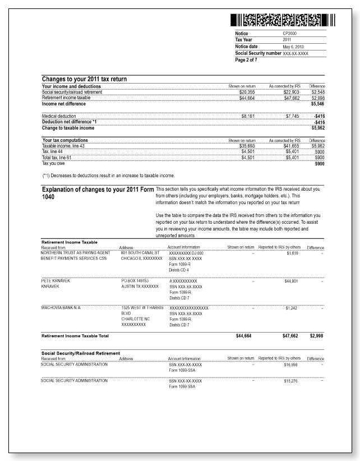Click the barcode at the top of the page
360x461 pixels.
coord(283,21)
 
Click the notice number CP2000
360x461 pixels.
coord(290,34)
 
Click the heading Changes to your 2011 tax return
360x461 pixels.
coord(84,79)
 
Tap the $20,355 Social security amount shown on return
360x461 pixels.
coord(247,92)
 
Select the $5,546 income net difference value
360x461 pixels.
coord(318,104)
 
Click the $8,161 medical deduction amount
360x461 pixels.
coord(248,116)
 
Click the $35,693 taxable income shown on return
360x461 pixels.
coord(247,145)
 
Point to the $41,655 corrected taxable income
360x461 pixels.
coord(292,145)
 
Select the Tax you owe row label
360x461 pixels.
coord(54,163)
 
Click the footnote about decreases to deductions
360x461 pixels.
coord(108,176)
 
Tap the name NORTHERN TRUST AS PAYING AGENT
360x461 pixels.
coord(76,253)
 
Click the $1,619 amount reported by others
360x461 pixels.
coord(293,253)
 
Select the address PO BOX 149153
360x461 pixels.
coord(136,279)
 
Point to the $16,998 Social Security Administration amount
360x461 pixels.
coord(292,365)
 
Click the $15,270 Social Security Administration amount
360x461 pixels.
coord(292,381)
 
